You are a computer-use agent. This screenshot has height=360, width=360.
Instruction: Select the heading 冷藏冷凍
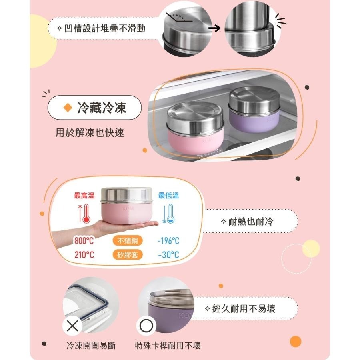pos(102,108)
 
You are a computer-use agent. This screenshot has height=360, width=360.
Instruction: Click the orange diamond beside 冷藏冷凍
pos(68,108)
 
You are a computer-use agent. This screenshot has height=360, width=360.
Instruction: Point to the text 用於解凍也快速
pos(90,132)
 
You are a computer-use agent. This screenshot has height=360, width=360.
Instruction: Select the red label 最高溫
pos(84,196)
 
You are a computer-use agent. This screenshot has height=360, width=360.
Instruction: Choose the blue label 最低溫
pos(168,196)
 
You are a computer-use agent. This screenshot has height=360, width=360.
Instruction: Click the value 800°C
pos(84,241)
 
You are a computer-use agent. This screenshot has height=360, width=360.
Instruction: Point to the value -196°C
pos(168,241)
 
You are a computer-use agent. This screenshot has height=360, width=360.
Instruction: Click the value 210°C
pos(84,254)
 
